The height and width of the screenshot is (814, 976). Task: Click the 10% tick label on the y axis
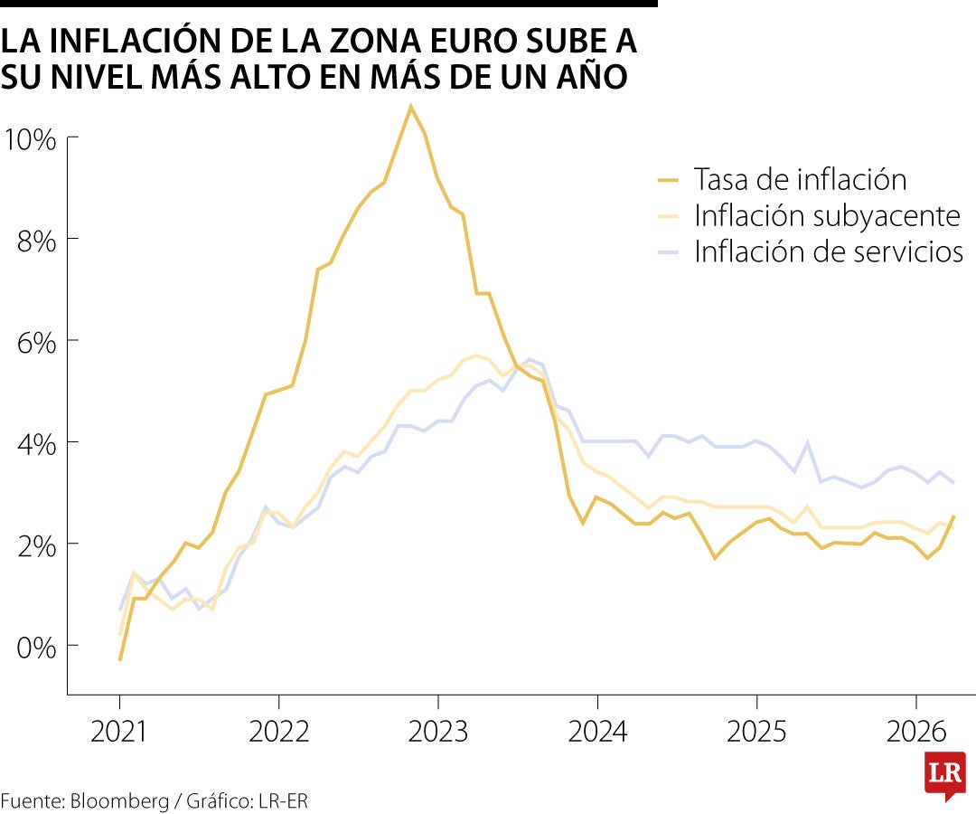tap(31, 140)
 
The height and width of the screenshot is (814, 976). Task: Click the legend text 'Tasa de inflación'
tap(800, 180)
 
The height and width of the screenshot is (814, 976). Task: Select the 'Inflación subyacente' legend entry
tap(827, 216)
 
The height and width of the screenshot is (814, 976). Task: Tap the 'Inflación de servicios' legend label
tap(829, 251)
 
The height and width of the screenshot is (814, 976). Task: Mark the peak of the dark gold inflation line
tap(410, 107)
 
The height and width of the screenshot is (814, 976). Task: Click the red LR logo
tap(944, 774)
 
